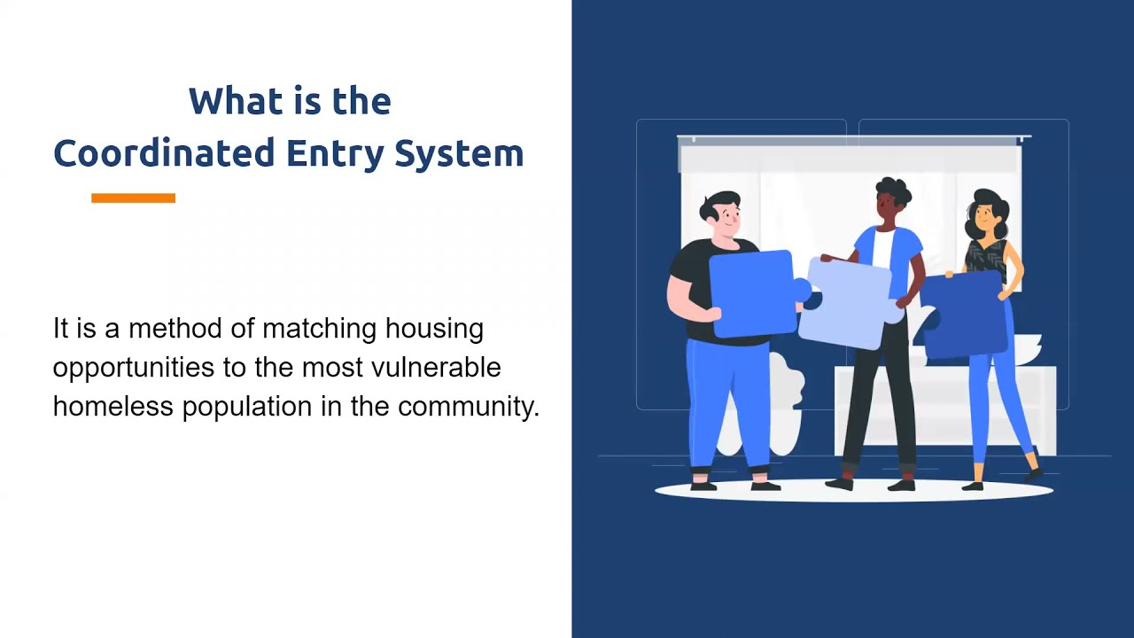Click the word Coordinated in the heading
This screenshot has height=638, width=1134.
[165, 153]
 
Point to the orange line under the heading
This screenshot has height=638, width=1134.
[133, 198]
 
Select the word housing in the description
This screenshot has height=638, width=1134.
[434, 329]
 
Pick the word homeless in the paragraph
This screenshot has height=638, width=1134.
[113, 407]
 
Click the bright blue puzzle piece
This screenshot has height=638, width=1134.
[753, 292]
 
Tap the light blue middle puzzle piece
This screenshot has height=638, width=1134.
[849, 301]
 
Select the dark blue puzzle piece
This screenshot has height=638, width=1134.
[966, 315]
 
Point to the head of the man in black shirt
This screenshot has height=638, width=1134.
[722, 214]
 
